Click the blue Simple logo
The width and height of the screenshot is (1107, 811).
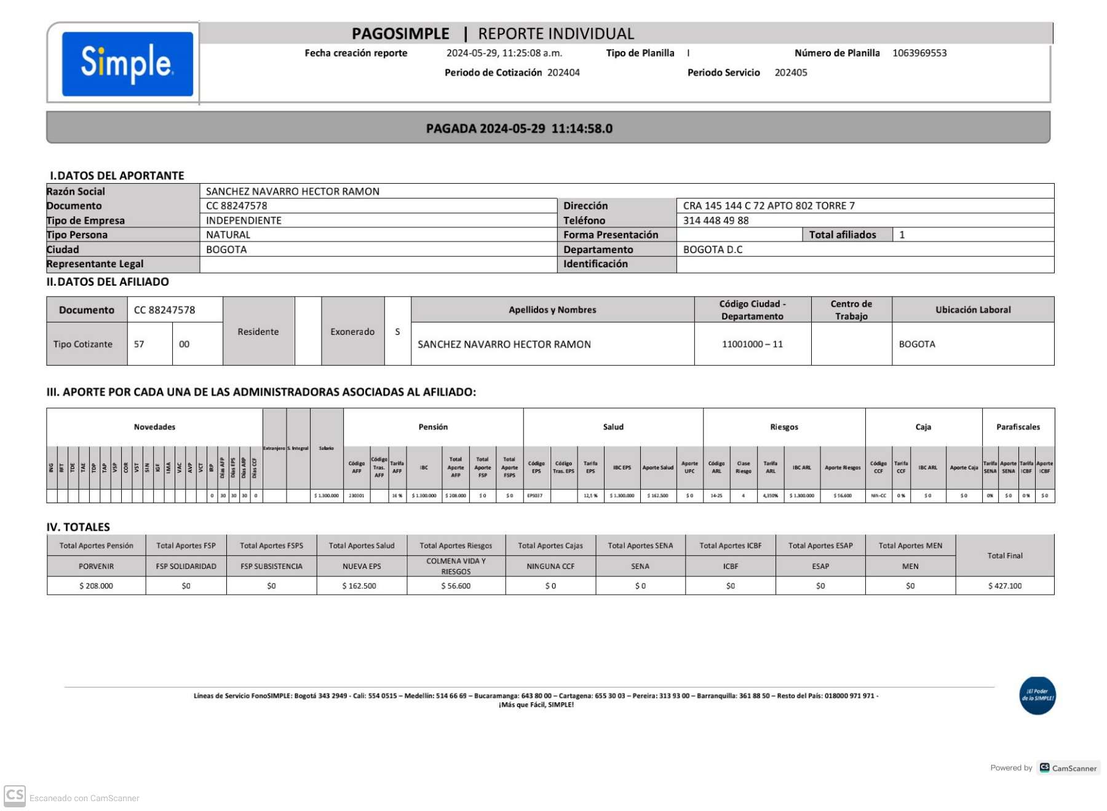coord(127,64)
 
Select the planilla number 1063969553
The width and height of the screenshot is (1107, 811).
coord(919,53)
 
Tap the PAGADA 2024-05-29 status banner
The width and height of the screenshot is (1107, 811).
coord(519,128)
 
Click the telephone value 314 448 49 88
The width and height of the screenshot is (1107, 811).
coord(716,221)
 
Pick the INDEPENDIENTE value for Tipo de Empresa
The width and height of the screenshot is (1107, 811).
coord(244,221)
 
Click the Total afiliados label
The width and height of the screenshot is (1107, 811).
coord(842,235)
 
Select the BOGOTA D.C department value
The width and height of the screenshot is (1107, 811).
coord(713,249)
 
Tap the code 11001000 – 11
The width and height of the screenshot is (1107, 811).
coord(752,344)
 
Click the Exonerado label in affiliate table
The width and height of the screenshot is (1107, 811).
coord(352,332)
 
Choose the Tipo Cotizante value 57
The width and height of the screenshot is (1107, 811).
coord(139,344)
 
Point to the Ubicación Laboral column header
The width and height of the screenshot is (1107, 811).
coord(973,310)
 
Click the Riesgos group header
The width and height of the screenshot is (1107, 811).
coord(784,427)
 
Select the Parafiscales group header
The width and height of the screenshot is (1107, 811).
coord(1018,427)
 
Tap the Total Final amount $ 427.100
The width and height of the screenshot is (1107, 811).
coord(1005,586)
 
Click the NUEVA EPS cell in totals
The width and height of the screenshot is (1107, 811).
coord(362,566)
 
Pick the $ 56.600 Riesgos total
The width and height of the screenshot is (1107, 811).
coord(456,586)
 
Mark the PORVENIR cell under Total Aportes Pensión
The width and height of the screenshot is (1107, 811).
coord(96,566)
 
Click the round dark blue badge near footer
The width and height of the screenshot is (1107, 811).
coord(1038,695)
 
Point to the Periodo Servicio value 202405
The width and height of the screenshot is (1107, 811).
coord(791,72)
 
